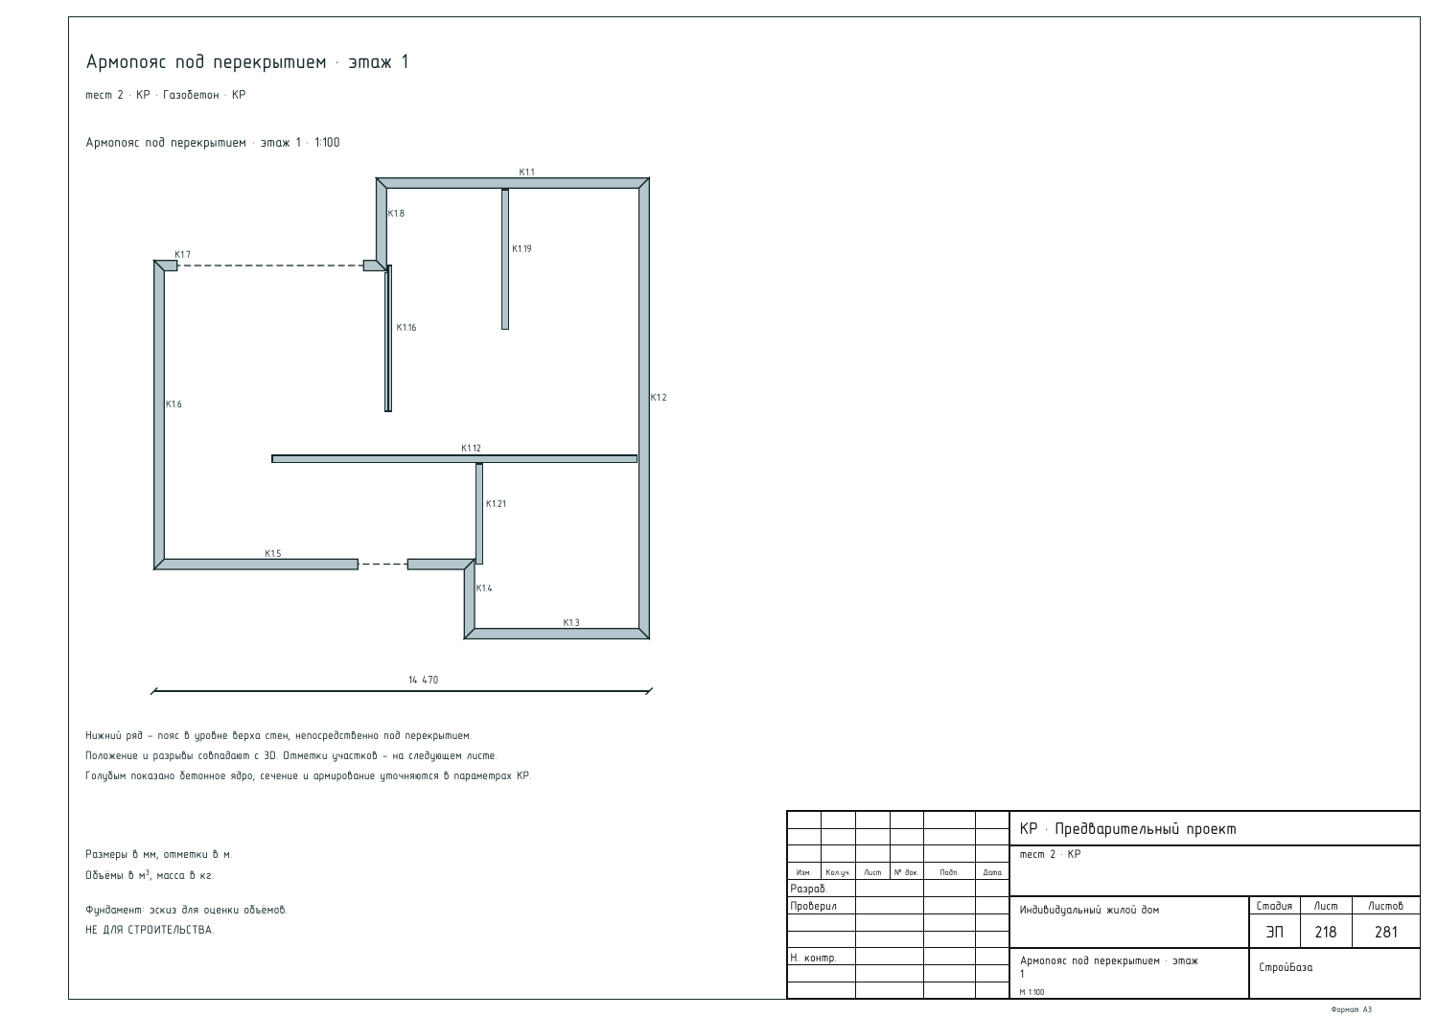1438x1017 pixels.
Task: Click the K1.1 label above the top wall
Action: pos(526,173)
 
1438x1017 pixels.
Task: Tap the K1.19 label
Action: pos(522,248)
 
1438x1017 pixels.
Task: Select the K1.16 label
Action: pos(406,328)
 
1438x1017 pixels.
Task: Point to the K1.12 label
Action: pos(471,449)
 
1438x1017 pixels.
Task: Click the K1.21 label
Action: pos(496,504)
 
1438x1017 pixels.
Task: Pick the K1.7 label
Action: pos(182,255)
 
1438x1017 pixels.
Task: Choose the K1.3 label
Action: pos(570,623)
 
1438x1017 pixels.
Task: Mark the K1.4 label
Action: pos(483,589)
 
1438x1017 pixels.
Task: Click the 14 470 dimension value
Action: pos(423,680)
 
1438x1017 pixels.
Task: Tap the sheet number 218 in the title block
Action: pos(1325,932)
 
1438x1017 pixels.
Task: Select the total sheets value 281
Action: pos(1385,932)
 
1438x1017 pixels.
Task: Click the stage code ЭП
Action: pos(1274,932)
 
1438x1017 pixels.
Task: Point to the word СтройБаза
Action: pos(1286,967)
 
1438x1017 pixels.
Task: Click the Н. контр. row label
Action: pos(813,958)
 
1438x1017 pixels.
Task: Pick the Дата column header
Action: pos(992,872)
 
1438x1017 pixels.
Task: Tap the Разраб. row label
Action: pos(808,889)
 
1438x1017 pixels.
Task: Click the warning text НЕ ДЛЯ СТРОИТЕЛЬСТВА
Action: pos(150,930)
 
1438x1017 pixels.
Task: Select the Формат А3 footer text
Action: pos(1352,1010)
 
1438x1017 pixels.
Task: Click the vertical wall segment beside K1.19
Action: pos(505,260)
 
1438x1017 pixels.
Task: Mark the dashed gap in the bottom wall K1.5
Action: pos(383,565)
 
